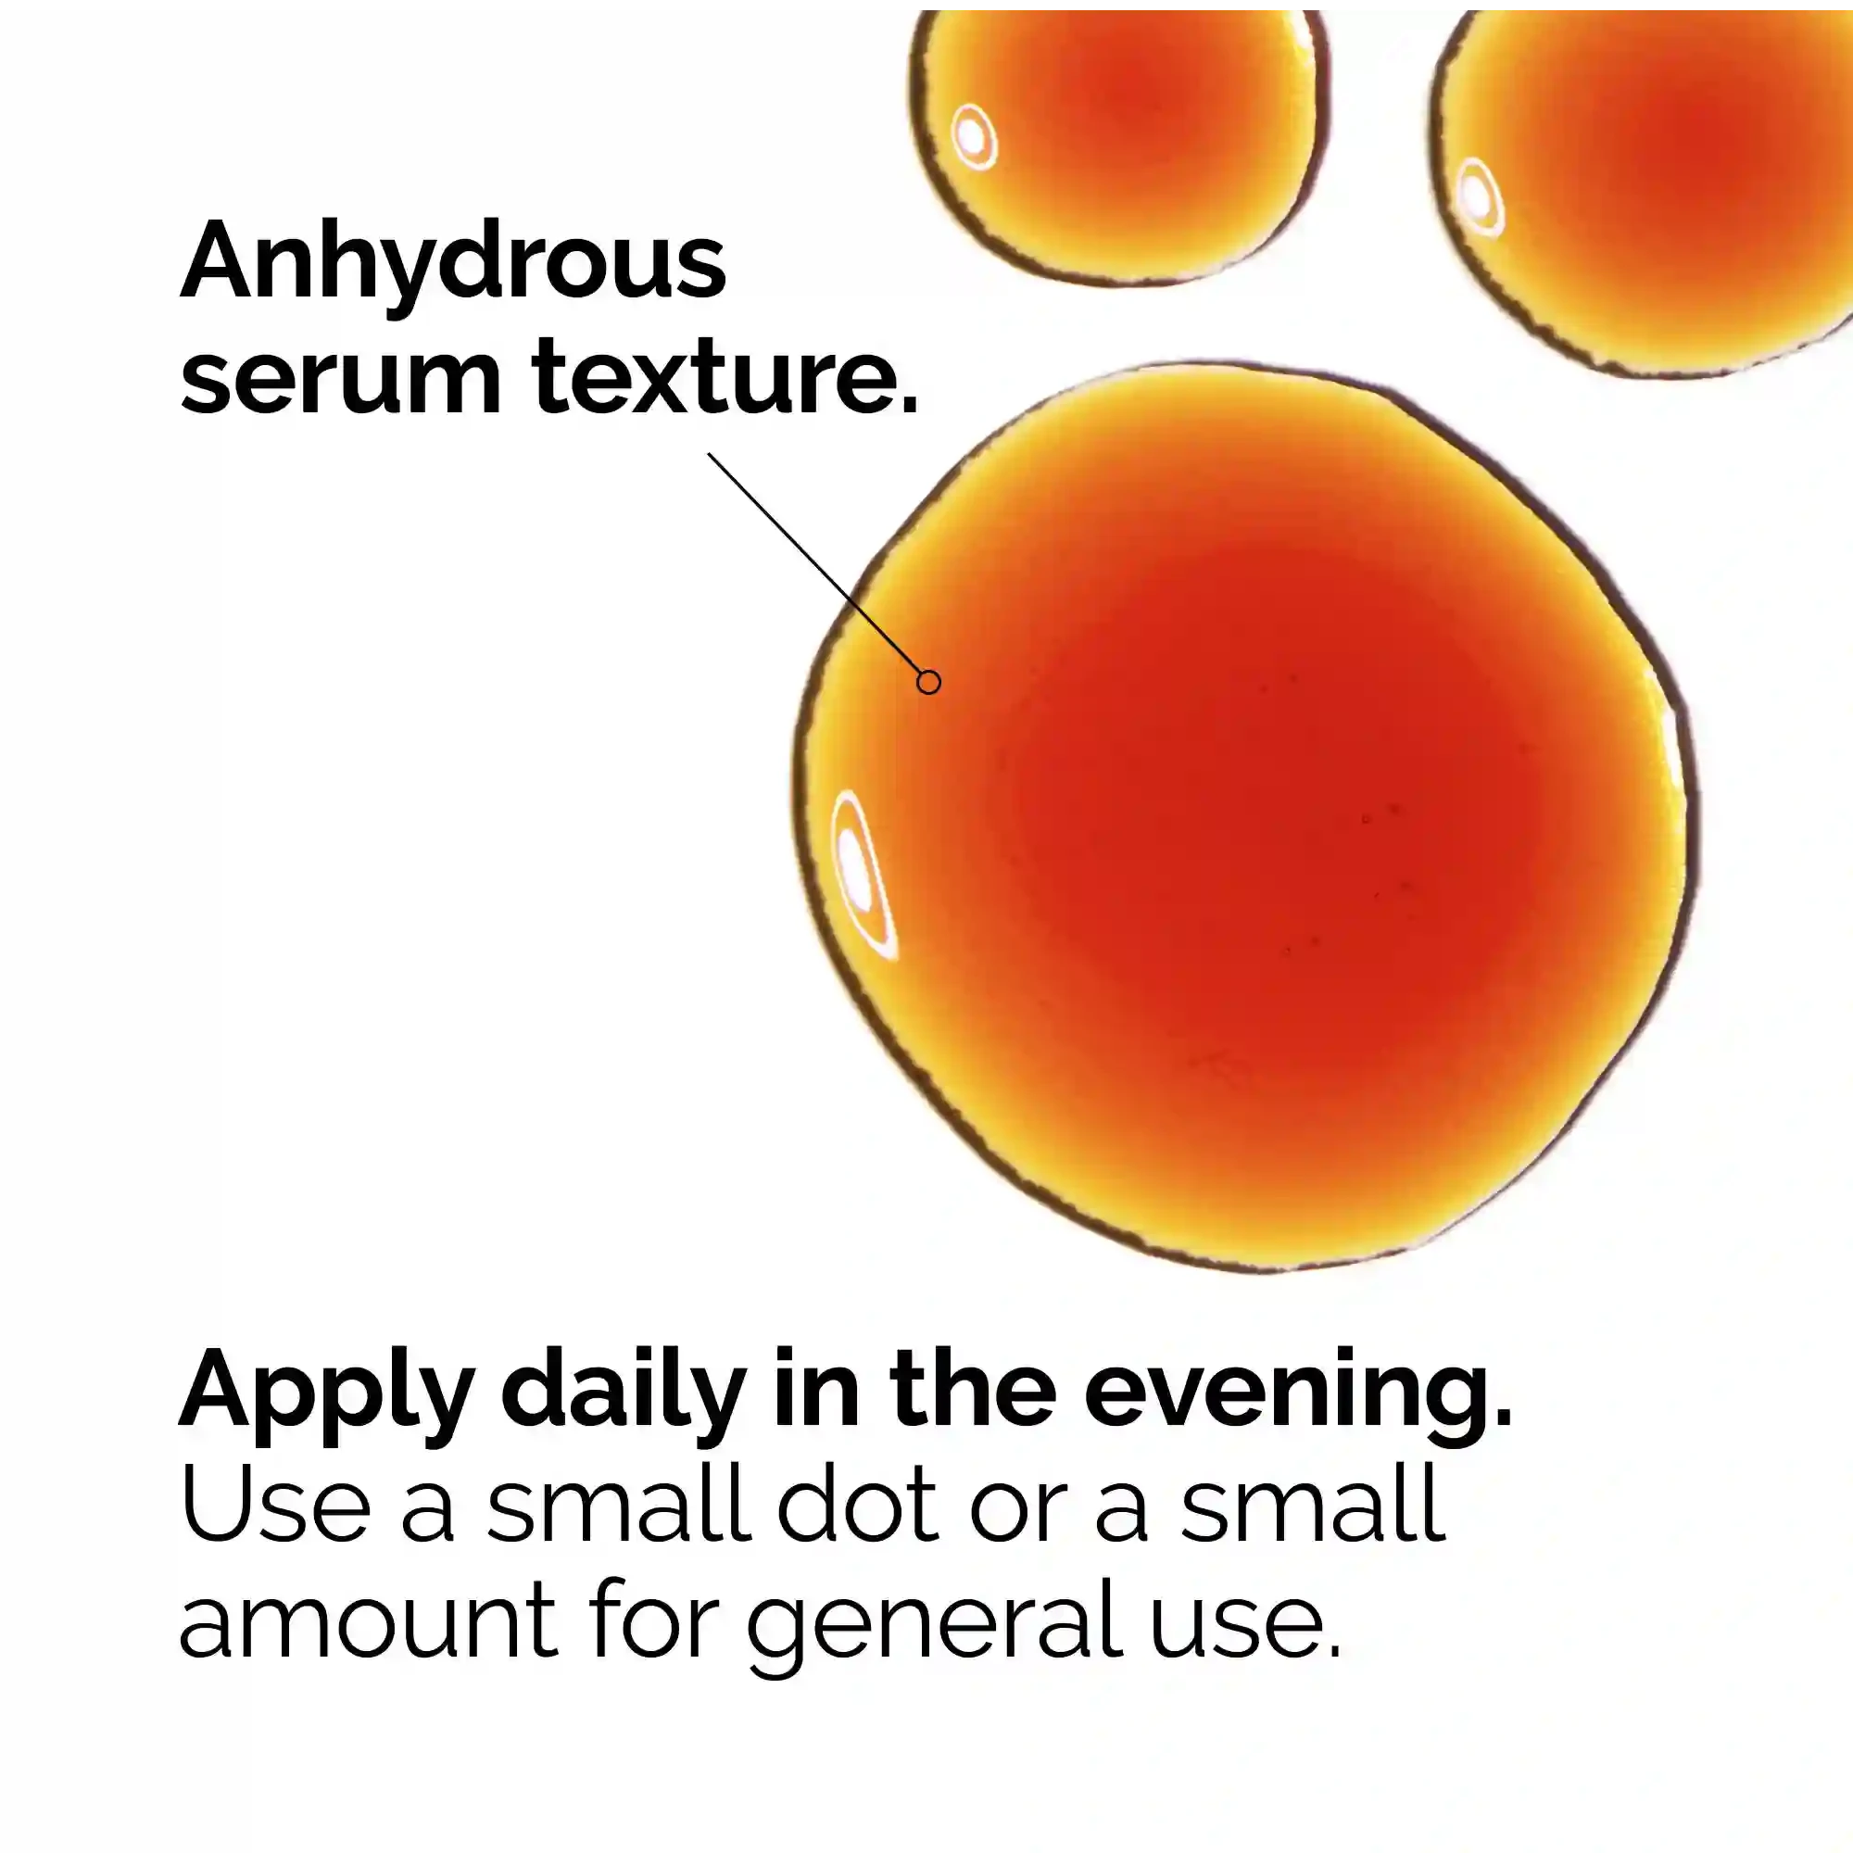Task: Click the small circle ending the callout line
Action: coord(928,682)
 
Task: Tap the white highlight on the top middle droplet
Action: coord(975,137)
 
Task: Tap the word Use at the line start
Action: coord(275,1505)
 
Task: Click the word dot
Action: coord(856,1503)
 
